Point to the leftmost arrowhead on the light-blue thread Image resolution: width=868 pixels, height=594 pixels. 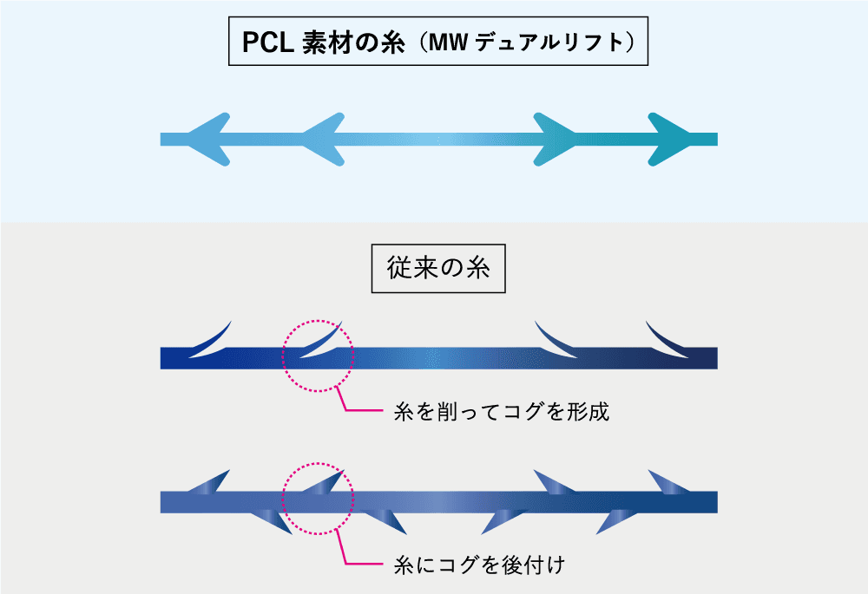click(208, 139)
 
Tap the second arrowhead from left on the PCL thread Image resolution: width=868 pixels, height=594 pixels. click(321, 139)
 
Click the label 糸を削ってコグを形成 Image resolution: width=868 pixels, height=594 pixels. click(502, 412)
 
